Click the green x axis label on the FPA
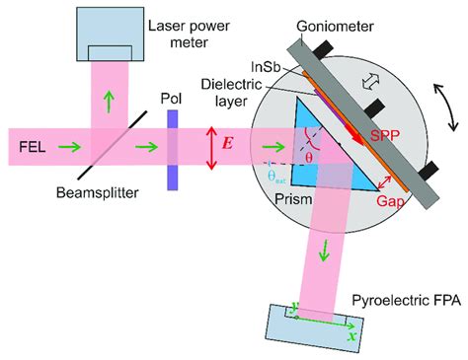(353, 334)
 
